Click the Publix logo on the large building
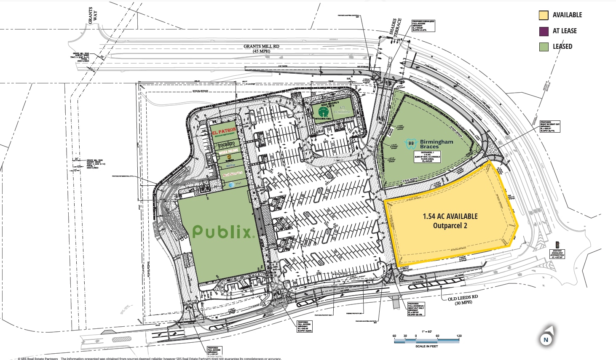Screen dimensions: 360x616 (222, 231)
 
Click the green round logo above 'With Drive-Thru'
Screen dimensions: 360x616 (324, 112)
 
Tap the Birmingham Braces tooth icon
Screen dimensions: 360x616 (411, 144)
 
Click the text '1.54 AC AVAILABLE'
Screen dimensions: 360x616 (450, 216)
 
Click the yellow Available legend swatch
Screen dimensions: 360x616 (544, 15)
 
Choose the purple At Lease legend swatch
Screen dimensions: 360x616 (544, 31)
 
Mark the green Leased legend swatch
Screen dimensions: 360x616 (544, 47)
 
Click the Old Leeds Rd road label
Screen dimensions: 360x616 (463, 299)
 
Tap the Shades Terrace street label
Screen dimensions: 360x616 (395, 28)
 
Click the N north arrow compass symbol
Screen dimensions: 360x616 (546, 339)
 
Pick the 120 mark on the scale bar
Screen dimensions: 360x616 (459, 336)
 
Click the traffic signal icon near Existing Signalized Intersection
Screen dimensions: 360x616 (557, 244)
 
